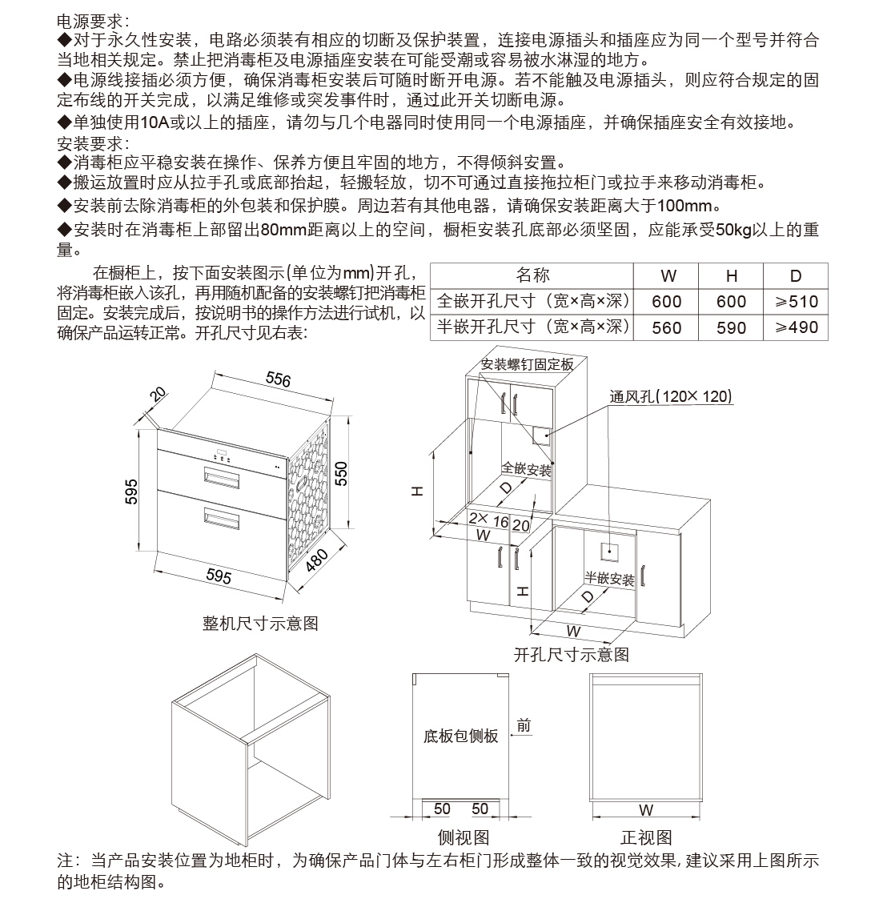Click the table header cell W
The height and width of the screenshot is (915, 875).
click(x=668, y=276)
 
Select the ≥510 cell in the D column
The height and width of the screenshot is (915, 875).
click(x=795, y=302)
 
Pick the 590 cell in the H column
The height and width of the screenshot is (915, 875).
click(x=731, y=327)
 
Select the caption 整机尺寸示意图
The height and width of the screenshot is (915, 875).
click(x=260, y=623)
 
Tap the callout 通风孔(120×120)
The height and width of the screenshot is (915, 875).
click(x=670, y=396)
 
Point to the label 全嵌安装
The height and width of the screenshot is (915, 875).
click(x=527, y=468)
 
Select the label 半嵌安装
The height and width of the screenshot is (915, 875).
click(x=608, y=579)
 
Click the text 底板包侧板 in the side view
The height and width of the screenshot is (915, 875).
click(x=460, y=736)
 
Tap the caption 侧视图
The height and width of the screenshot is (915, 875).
click(x=463, y=837)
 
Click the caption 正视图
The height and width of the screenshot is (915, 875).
click(x=645, y=837)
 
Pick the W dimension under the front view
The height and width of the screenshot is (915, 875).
click(x=646, y=809)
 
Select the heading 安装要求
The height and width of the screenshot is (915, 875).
click(x=93, y=143)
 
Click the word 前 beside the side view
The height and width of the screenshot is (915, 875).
click(x=524, y=726)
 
